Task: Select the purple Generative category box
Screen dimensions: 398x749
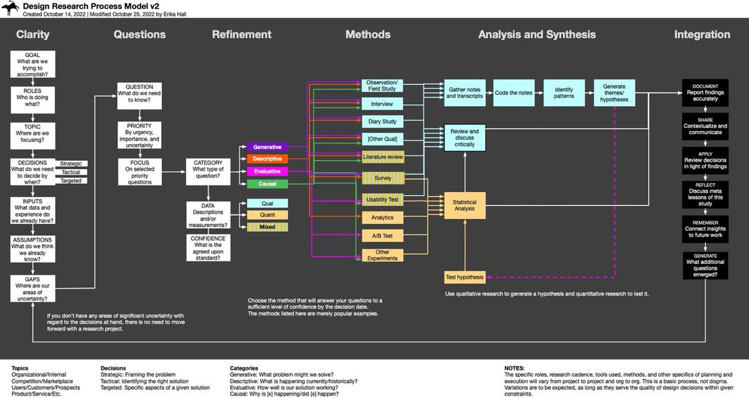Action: click(267, 147)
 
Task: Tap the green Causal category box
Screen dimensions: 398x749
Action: click(267, 184)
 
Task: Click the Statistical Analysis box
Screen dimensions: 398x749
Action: click(464, 205)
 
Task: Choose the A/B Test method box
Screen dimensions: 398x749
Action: click(383, 236)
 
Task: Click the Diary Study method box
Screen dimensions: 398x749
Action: click(383, 121)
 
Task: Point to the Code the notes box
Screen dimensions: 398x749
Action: click(513, 92)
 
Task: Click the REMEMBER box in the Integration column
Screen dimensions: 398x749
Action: click(705, 229)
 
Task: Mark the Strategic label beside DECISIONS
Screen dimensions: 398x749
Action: click(75, 163)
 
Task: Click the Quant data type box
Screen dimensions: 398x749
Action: click(267, 215)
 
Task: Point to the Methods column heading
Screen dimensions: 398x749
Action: click(368, 35)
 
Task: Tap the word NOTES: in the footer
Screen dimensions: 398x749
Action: click(515, 368)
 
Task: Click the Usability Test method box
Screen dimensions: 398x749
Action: click(383, 200)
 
